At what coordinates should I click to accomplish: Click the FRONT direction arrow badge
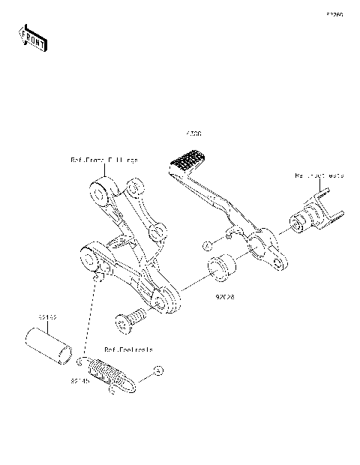pyautogui.click(x=31, y=37)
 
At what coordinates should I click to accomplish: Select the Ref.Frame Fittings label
pyautogui.click(x=104, y=160)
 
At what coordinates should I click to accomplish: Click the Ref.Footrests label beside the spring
pyautogui.click(x=129, y=349)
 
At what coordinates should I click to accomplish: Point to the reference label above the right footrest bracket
pyautogui.click(x=318, y=175)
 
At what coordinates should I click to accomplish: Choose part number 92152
pyautogui.click(x=47, y=318)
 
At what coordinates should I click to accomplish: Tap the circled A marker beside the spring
pyautogui.click(x=157, y=371)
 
